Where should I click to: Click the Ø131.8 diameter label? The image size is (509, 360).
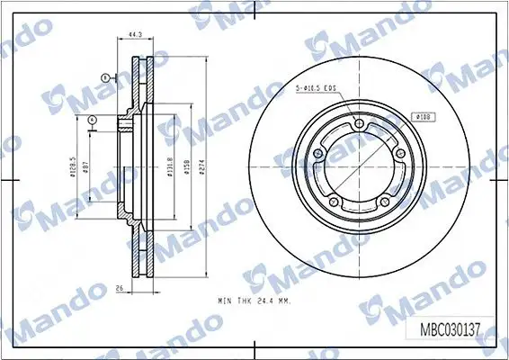[170, 166]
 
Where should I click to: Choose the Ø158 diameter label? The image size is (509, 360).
[186, 166]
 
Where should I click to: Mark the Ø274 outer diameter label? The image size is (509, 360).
[204, 166]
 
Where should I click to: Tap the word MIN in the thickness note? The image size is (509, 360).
[225, 300]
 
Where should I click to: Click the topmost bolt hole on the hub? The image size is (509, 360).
[359, 124]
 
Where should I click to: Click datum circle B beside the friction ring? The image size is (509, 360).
[104, 79]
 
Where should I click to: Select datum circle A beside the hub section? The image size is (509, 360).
[93, 120]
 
